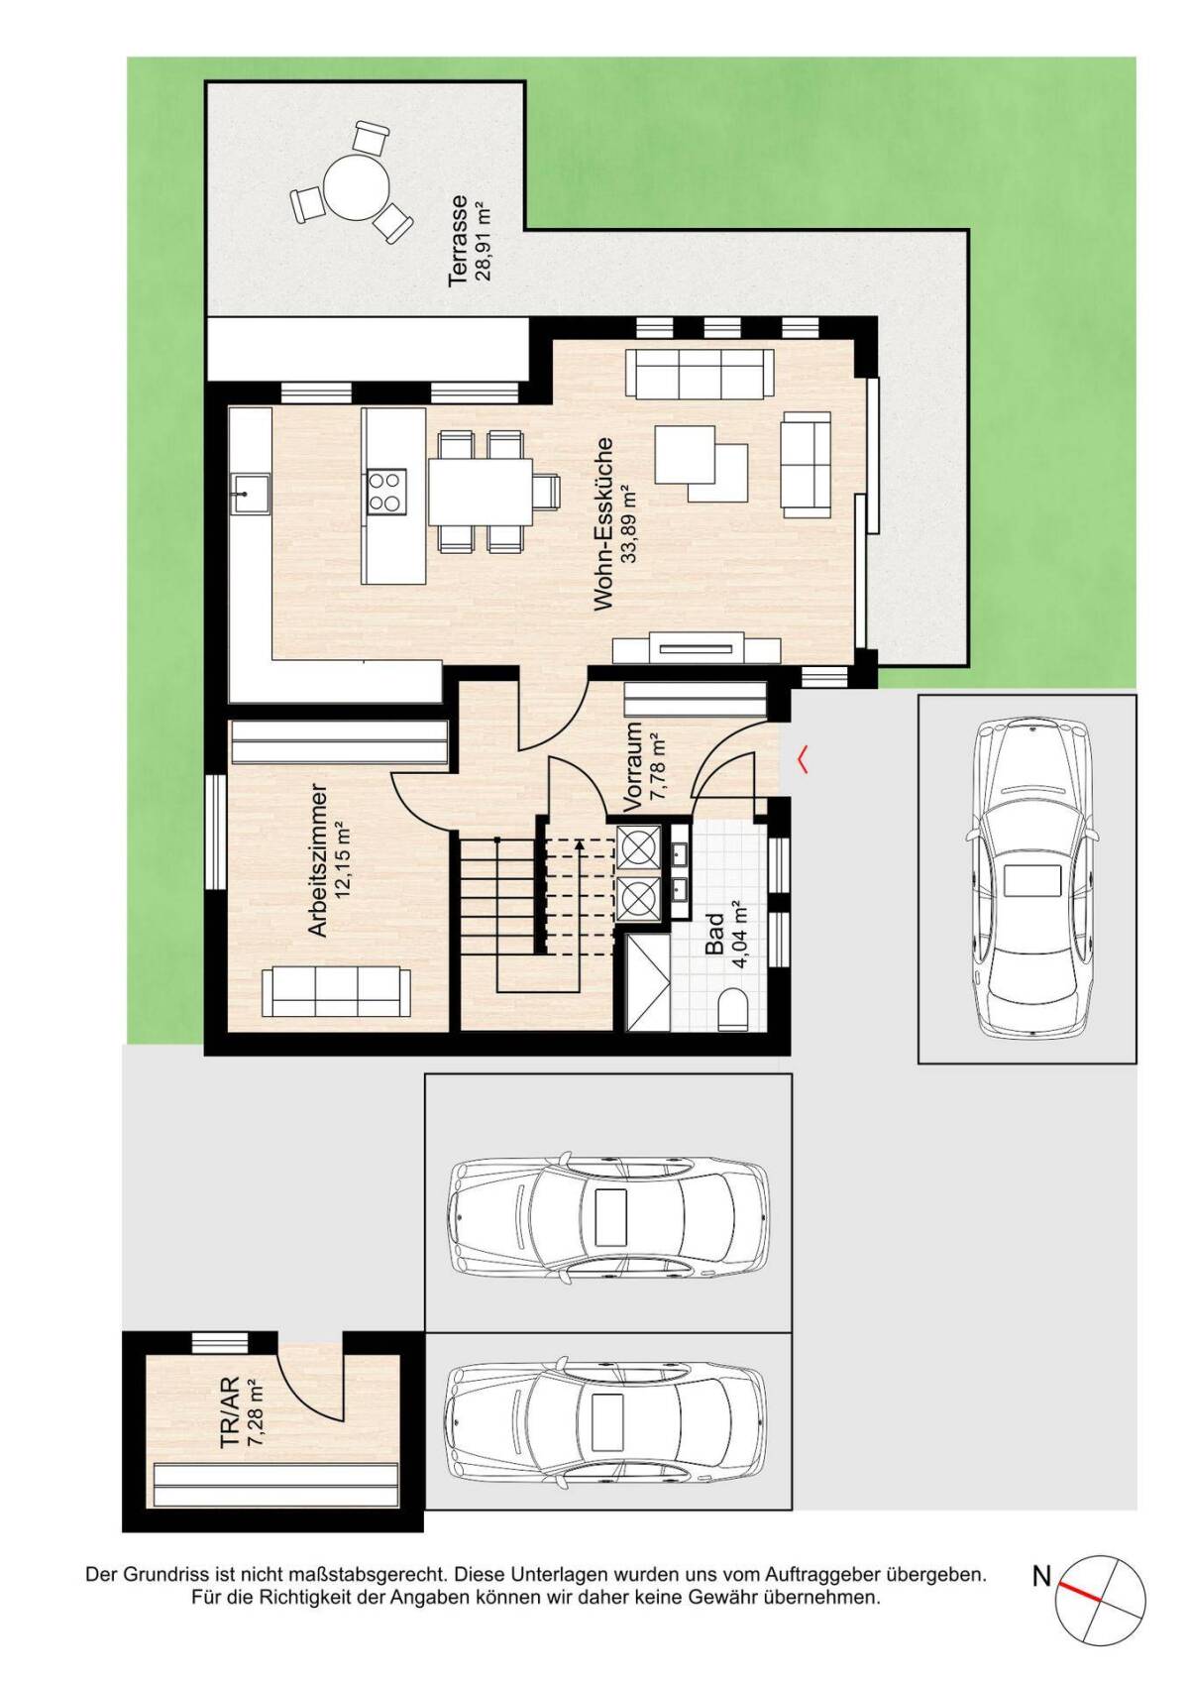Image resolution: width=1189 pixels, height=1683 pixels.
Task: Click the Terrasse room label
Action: click(x=458, y=241)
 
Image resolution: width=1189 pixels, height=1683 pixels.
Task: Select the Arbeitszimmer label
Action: click(x=318, y=861)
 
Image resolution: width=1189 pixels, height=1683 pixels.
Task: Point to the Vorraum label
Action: click(x=633, y=766)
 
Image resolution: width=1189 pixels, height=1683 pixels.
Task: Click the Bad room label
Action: click(x=714, y=933)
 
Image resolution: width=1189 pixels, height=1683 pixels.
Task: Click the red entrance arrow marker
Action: click(x=803, y=758)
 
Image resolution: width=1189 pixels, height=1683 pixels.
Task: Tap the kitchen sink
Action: click(x=249, y=494)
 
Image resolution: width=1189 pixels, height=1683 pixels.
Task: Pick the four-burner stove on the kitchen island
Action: click(x=386, y=493)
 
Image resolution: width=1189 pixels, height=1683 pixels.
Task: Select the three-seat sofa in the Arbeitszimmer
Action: click(x=336, y=992)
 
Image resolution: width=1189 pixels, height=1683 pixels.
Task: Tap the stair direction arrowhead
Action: click(x=579, y=846)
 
